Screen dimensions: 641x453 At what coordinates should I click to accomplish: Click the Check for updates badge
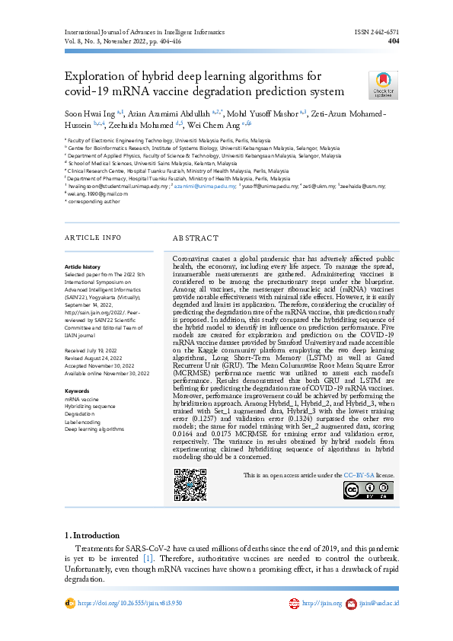pos(382,85)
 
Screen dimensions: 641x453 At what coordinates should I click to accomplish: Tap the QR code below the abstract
pos(190,483)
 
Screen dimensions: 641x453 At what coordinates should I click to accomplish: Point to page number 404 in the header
pos(394,42)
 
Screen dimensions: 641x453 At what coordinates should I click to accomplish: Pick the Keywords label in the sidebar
pos(77,391)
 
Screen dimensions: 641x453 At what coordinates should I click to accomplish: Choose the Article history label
pos(82,266)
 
